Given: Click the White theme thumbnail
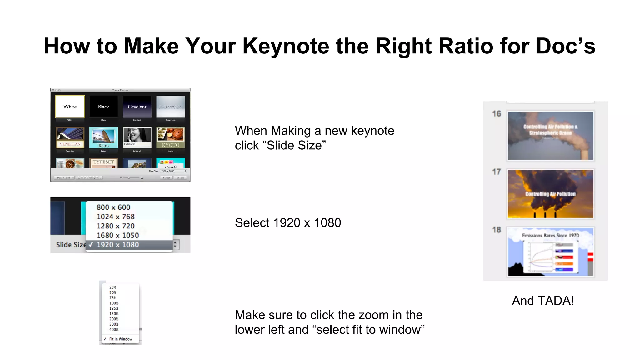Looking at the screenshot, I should point(70,107).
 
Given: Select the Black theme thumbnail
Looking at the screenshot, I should point(103,107).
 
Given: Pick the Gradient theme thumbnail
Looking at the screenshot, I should point(137,107).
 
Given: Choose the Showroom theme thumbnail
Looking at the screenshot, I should point(171,107).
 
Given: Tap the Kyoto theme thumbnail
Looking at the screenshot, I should point(171,137).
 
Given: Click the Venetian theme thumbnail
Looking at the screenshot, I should point(70,137).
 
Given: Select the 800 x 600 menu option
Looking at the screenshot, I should point(113,207).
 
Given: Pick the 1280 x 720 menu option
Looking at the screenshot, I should point(116,226).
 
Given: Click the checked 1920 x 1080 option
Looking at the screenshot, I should point(118,245).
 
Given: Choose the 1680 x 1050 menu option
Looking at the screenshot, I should point(118,235).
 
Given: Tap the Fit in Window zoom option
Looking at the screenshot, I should point(121,339).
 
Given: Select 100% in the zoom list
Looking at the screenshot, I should point(114,303).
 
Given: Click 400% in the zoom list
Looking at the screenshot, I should point(114,330).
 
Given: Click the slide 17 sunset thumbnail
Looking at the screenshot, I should point(550,194).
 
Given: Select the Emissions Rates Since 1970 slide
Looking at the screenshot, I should point(550,252).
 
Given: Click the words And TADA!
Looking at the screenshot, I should point(543,301).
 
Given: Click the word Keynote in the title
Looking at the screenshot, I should point(286,46).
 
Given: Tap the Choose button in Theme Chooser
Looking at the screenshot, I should point(180,178).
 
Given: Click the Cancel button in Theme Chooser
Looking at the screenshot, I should point(166,178).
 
